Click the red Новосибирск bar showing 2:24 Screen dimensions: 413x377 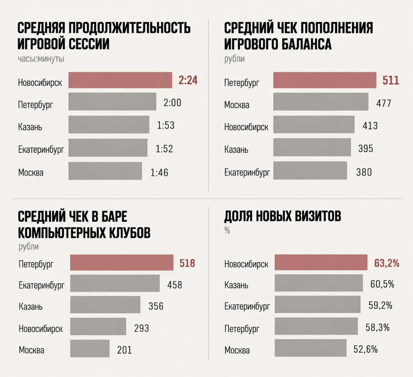click(x=120, y=80)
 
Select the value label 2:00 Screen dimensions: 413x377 click(x=172, y=102)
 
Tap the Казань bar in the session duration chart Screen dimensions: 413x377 click(x=109, y=124)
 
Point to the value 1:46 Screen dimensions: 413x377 click(x=159, y=172)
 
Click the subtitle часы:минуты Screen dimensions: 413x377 click(x=41, y=59)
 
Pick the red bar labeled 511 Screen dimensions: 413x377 click(x=325, y=80)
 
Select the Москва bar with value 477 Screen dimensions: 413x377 click(x=321, y=101)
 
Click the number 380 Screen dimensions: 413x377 click(x=364, y=172)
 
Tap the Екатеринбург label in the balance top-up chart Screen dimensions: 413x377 click(x=247, y=172)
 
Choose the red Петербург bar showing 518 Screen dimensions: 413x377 click(x=122, y=262)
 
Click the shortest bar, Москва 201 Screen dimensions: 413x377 click(x=90, y=348)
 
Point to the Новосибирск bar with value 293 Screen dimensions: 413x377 click(x=98, y=326)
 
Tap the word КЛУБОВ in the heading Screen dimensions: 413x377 click(x=129, y=233)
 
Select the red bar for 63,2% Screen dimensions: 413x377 click(x=321, y=262)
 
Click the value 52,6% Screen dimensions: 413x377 click(x=366, y=349)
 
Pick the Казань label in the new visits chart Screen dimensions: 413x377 click(x=236, y=285)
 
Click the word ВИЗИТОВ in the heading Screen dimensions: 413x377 click(x=318, y=216)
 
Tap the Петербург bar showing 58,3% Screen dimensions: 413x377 click(x=316, y=326)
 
